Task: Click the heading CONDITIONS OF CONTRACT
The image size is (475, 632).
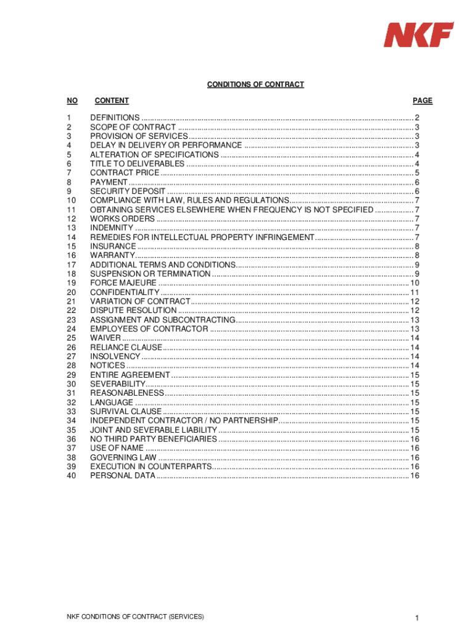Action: coord(255,85)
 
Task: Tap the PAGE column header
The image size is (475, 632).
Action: coord(423,101)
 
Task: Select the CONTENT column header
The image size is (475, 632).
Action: coord(112,101)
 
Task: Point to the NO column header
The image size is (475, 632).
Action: coord(73,101)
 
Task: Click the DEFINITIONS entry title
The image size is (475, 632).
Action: coord(115,118)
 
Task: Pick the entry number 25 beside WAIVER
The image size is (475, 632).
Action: coord(71,338)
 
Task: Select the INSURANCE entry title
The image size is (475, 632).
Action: coord(113,246)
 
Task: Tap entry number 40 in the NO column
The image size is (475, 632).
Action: coord(71,476)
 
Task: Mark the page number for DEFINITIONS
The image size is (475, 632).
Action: coord(418,118)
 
